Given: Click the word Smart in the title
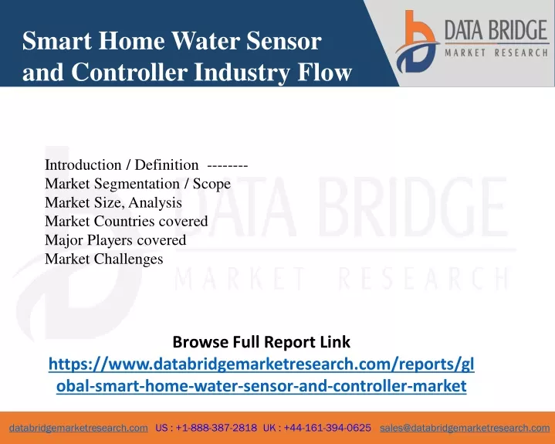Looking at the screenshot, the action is [x=57, y=41].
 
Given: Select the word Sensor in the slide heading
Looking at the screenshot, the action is [x=284, y=41].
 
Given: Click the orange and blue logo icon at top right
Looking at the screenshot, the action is [x=417, y=42].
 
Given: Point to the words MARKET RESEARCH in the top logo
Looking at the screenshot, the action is [x=496, y=53].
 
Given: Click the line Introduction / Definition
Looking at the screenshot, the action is [x=121, y=165].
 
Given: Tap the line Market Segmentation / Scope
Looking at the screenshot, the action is [x=137, y=184].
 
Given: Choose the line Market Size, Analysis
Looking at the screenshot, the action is [x=113, y=202].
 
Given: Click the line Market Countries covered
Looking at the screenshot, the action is [x=127, y=222].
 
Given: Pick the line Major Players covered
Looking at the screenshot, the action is [x=115, y=240].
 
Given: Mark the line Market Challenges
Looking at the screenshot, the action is [x=104, y=259].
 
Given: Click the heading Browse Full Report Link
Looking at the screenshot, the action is [x=261, y=342].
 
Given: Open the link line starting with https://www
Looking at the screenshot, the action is [x=261, y=364].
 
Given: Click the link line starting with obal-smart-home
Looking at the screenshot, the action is [x=261, y=386].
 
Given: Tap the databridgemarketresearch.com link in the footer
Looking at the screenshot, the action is [x=79, y=428].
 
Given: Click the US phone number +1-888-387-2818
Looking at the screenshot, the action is [x=216, y=428].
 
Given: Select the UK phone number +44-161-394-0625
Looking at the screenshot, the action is [x=327, y=428].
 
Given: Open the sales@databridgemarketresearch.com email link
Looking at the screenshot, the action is [x=465, y=428].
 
